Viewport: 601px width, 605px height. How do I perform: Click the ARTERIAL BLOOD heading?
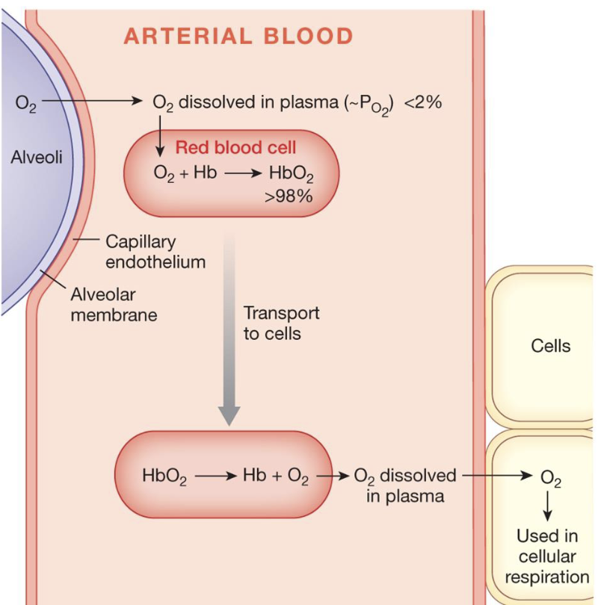click(238, 36)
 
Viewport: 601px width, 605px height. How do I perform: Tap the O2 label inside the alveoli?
click(25, 102)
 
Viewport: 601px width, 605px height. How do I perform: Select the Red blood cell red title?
click(235, 147)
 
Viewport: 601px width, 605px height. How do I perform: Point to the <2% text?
click(422, 102)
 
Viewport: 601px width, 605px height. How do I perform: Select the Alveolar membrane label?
click(114, 305)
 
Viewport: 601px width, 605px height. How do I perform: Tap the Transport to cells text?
click(281, 323)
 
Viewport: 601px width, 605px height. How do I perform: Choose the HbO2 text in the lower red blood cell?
click(164, 477)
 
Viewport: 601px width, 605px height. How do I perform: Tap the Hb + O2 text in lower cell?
click(275, 477)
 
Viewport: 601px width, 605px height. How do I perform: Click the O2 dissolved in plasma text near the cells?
click(404, 485)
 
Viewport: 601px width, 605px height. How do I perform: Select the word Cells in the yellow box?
click(550, 346)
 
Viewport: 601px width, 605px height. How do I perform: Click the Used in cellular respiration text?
click(547, 556)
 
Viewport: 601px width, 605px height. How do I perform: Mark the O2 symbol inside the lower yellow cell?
click(549, 477)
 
